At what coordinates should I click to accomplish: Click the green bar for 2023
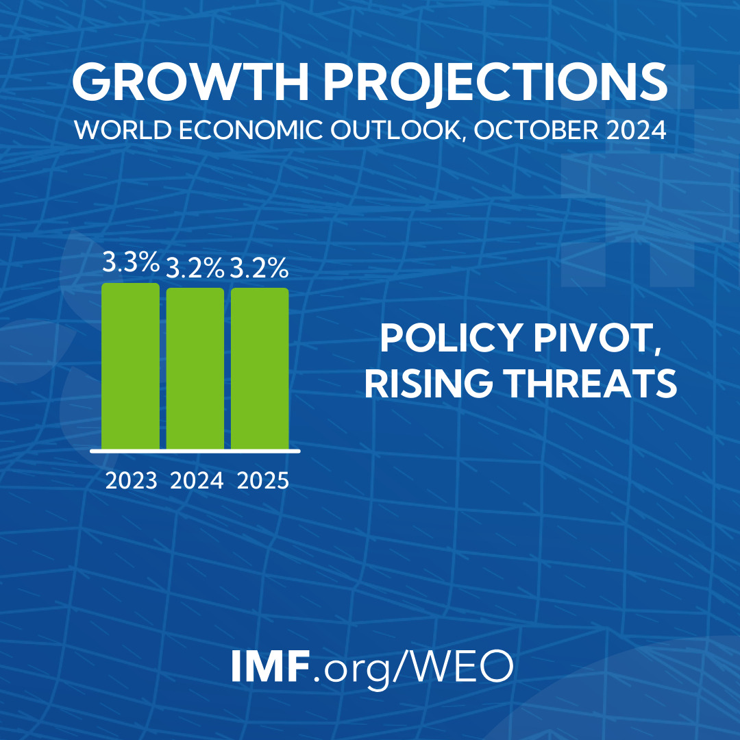pyautogui.click(x=130, y=367)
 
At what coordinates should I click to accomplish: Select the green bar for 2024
pyautogui.click(x=195, y=369)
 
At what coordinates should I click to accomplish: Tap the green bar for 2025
pyautogui.click(x=260, y=369)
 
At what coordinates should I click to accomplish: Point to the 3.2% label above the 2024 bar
pyautogui.click(x=195, y=269)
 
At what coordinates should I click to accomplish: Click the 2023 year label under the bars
pyautogui.click(x=132, y=480)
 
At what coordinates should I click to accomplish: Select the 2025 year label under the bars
pyautogui.click(x=263, y=480)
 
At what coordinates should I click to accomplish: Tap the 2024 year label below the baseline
pyautogui.click(x=197, y=480)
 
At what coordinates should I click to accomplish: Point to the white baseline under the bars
pyautogui.click(x=195, y=451)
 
